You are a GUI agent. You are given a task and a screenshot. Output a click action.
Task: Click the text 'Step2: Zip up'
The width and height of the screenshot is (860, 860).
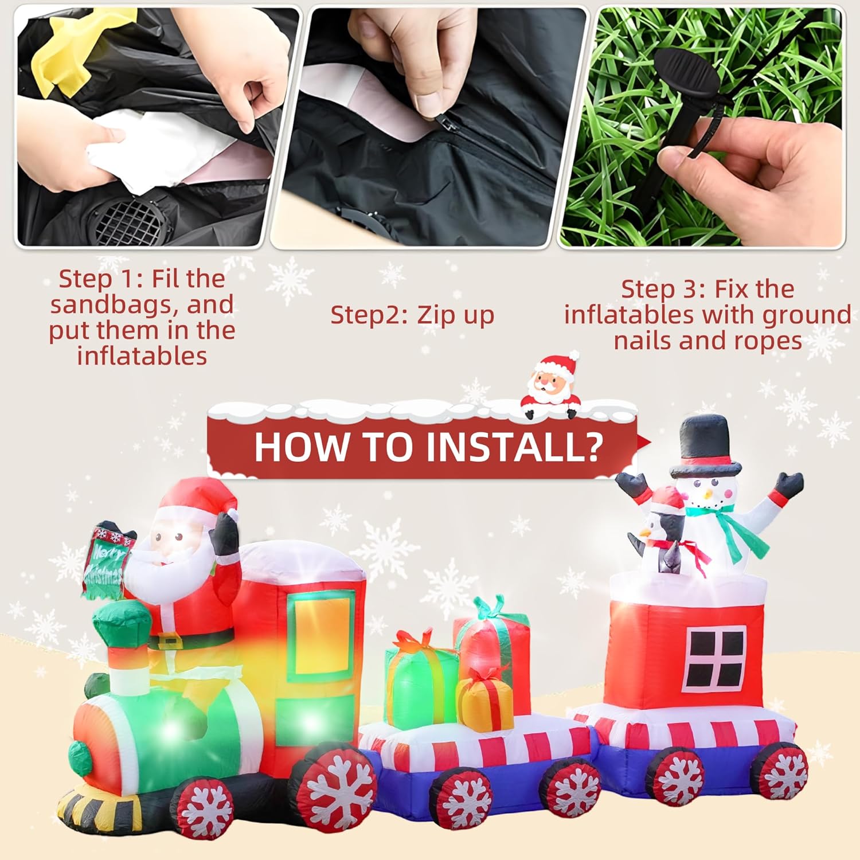[x=412, y=315]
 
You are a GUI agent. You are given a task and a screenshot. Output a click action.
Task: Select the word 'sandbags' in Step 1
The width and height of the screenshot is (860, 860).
[x=110, y=304]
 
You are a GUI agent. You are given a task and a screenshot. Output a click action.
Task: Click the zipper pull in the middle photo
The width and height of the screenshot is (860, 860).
[x=445, y=120]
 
